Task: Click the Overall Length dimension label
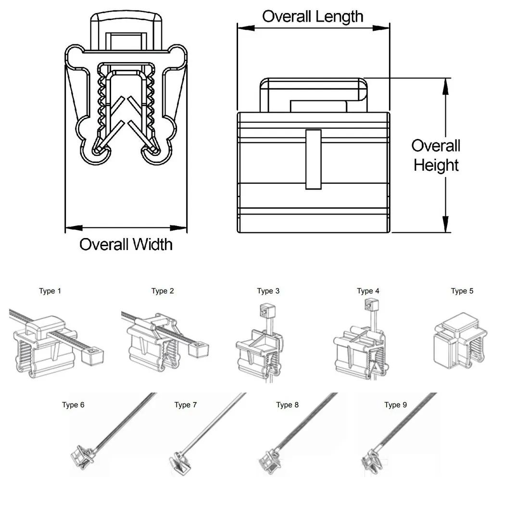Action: coord(313,16)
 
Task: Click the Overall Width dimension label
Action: coord(126,244)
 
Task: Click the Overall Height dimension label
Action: coord(436,155)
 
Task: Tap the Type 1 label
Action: coord(50,291)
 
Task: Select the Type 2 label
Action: coord(163,291)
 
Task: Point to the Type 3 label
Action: coord(268,291)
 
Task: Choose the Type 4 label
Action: coord(368,291)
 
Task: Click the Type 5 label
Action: coord(462,291)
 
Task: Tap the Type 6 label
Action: coord(73,405)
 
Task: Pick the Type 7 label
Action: coord(185,405)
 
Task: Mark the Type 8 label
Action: coord(287,405)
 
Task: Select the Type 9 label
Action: coord(395,405)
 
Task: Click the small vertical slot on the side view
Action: coord(314,159)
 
